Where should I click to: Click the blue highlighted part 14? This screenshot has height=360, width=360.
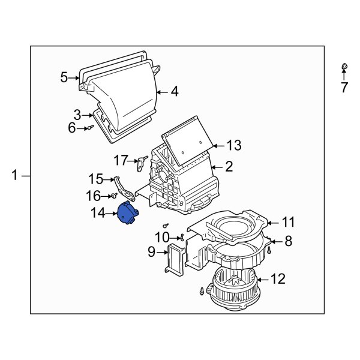click(127, 214)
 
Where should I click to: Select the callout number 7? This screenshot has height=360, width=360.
click(344, 88)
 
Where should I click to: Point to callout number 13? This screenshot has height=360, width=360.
click(233, 145)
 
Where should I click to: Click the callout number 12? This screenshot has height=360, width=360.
click(278, 279)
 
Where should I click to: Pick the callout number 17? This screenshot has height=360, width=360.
click(121, 160)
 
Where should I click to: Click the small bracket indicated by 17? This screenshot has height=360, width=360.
click(143, 161)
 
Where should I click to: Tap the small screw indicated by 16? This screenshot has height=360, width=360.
click(113, 196)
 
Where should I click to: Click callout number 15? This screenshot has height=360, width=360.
click(96, 179)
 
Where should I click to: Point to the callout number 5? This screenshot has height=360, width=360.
click(64, 77)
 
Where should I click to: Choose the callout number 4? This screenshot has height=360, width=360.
click(175, 92)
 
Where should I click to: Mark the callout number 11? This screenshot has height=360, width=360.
click(289, 223)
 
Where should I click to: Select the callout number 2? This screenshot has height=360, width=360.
click(229, 167)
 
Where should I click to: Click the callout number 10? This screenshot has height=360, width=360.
click(162, 237)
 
